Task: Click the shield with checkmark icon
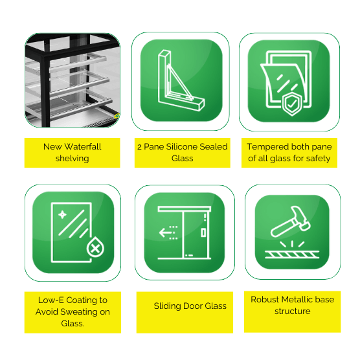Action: coord(291,104)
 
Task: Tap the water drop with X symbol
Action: coord(95,247)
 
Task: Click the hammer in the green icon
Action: coord(290,221)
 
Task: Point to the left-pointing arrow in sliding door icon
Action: coord(165,232)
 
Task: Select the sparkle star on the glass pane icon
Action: coord(62,215)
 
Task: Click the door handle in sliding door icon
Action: coord(203,232)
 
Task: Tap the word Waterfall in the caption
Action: coord(83,146)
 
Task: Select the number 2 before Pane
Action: coord(139,147)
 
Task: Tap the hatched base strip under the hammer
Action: coord(292,254)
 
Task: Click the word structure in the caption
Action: coord(292,311)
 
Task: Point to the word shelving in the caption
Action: coord(72,159)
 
